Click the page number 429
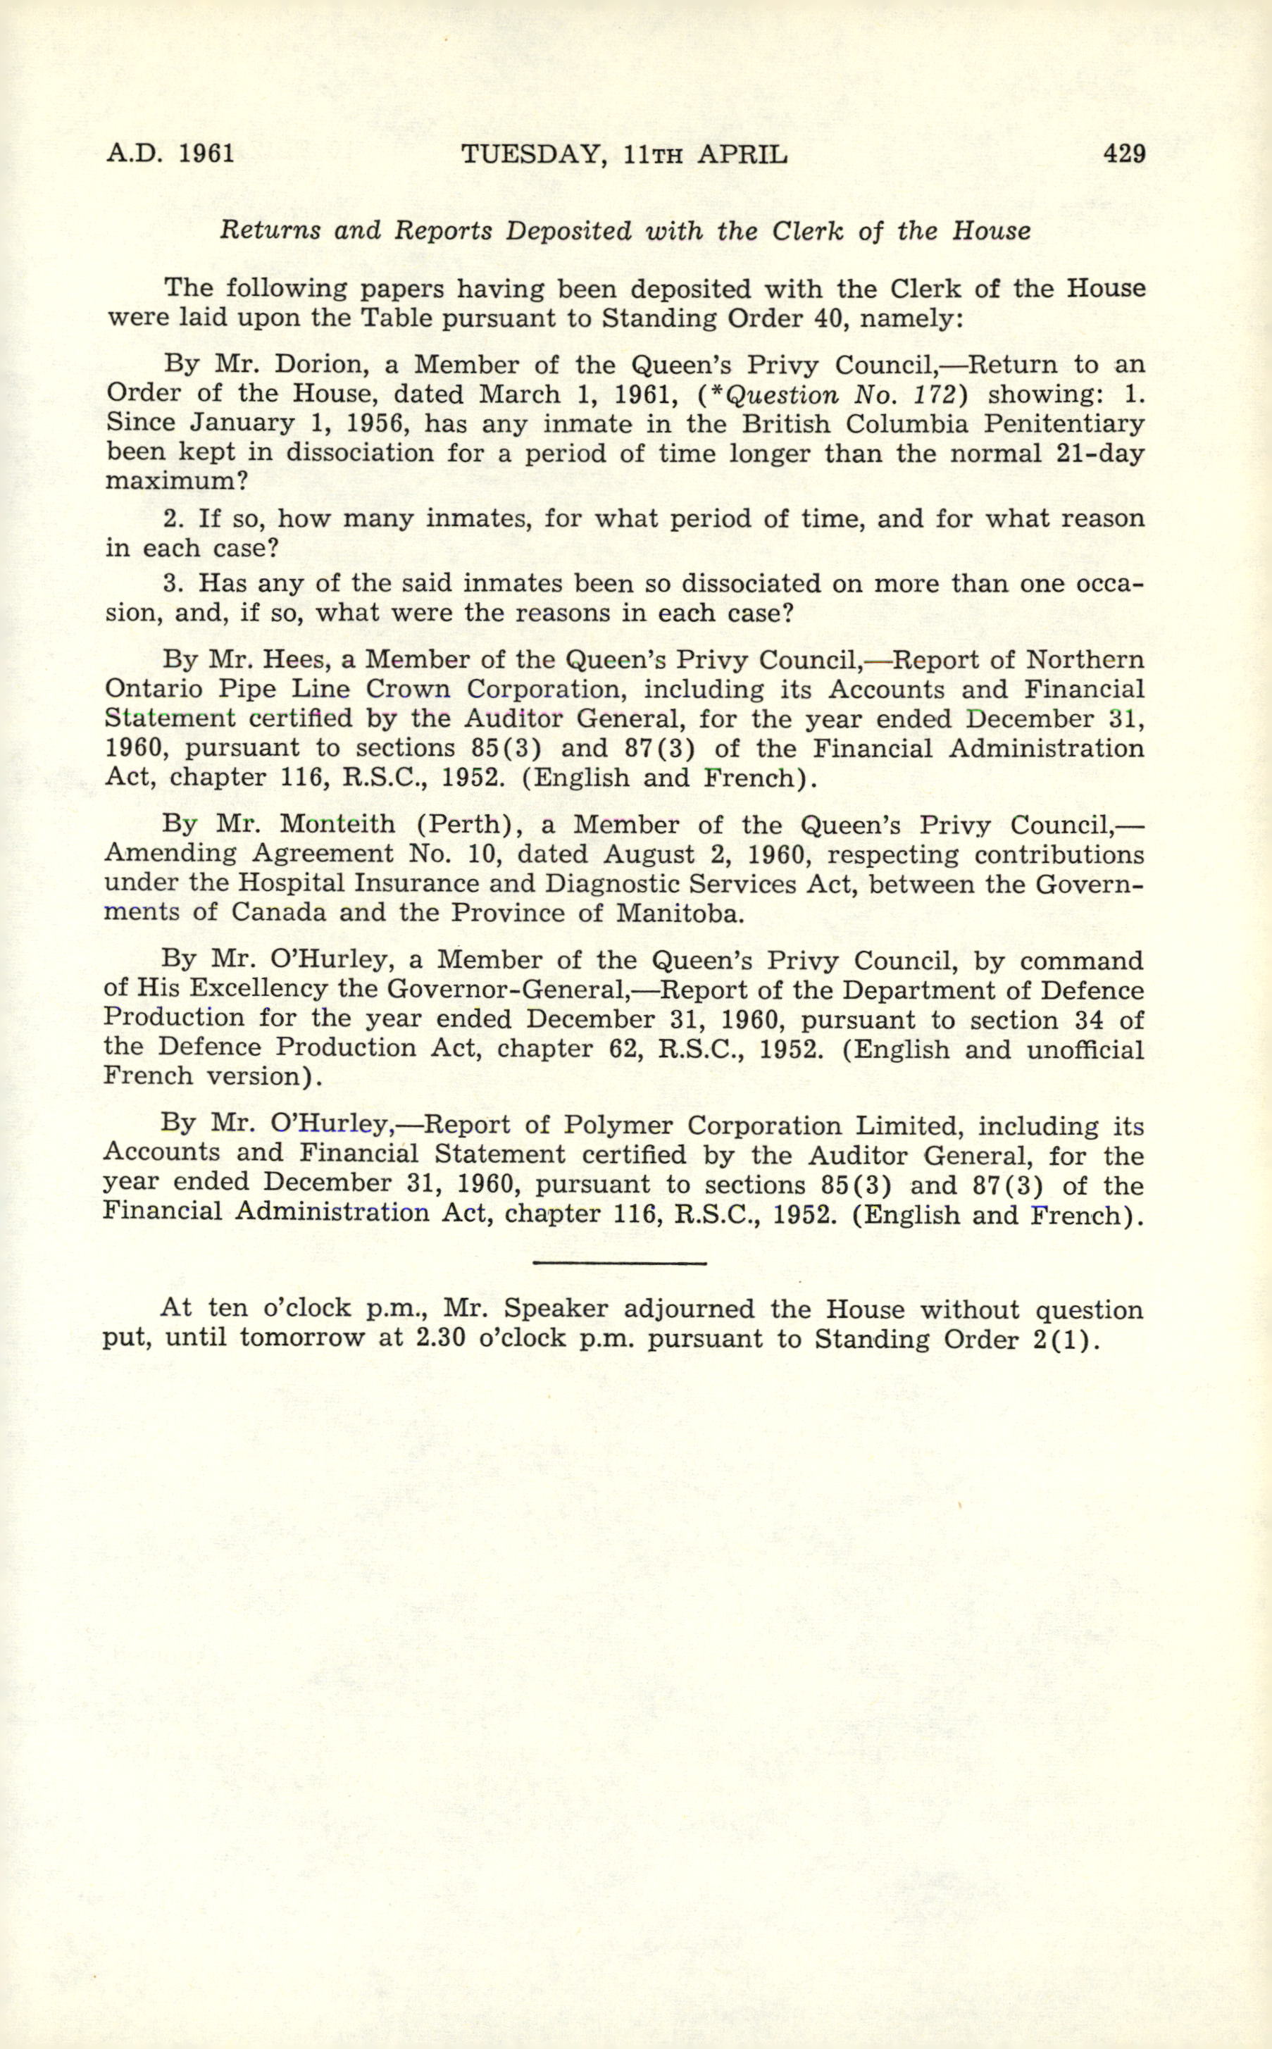click(1124, 154)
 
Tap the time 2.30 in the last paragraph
click(442, 1338)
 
